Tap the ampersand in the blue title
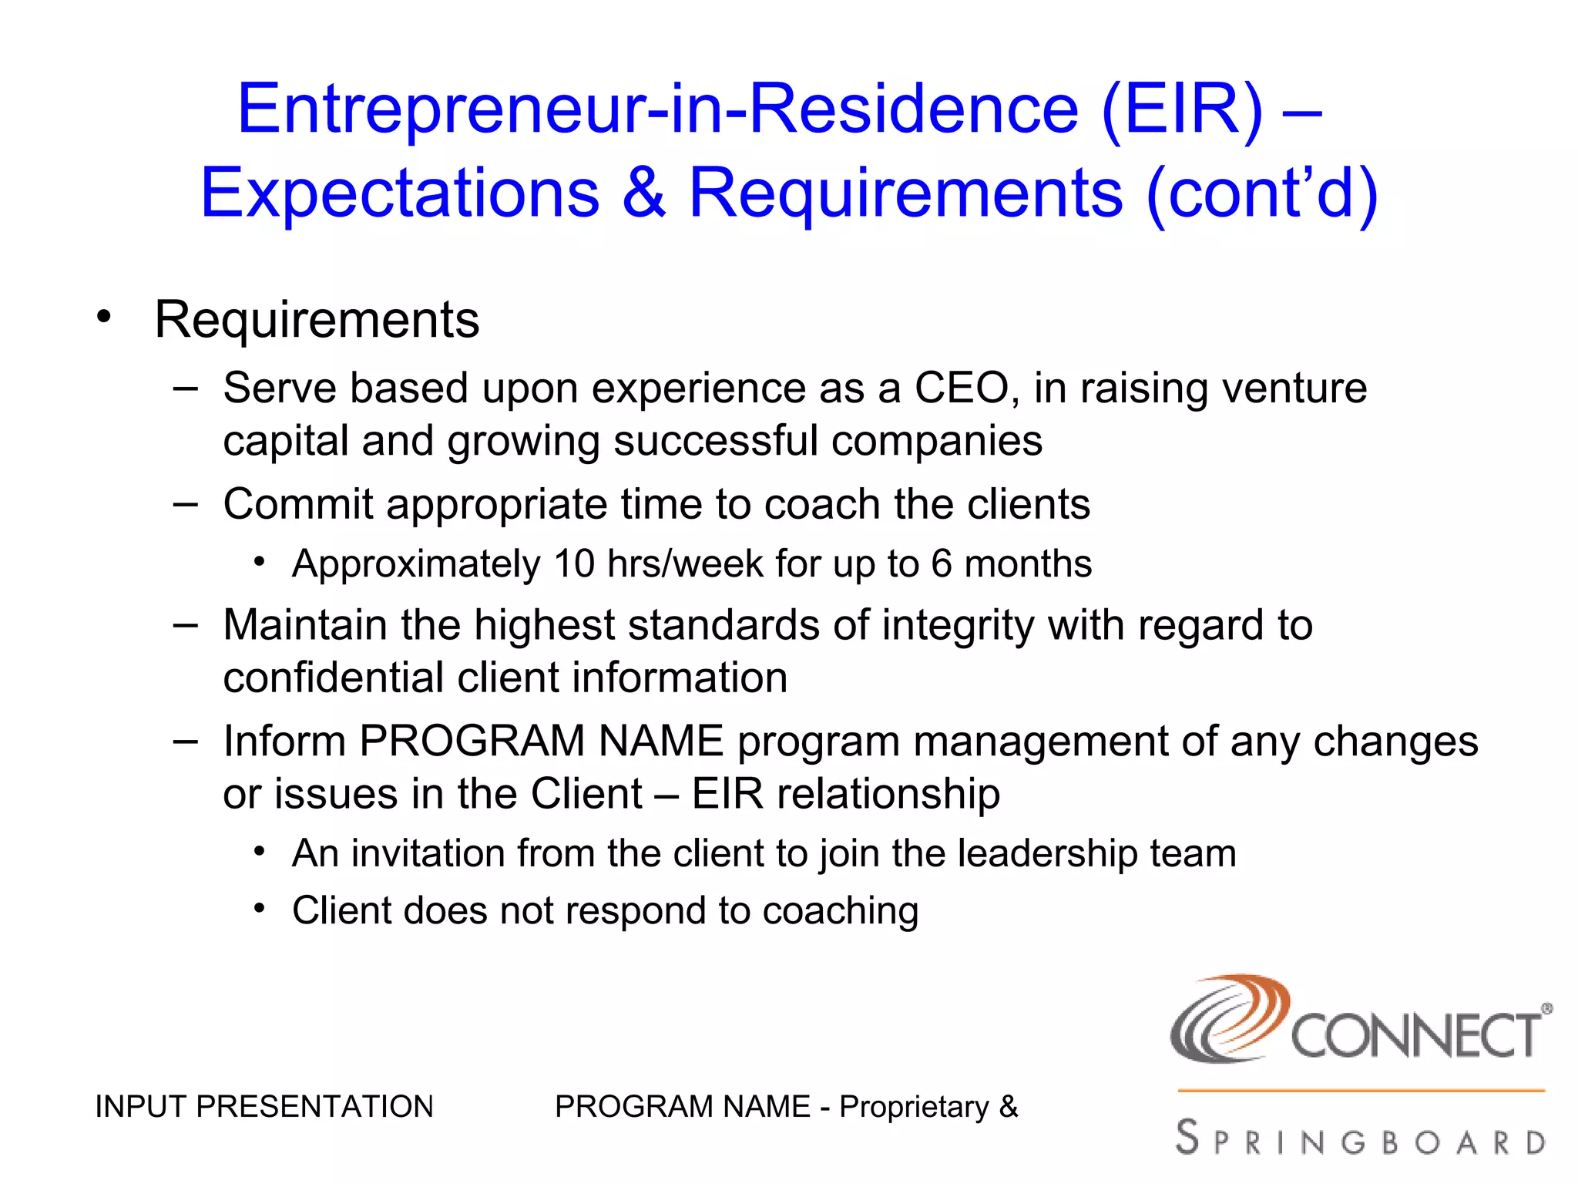point(643,193)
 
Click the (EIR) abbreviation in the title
point(1183,110)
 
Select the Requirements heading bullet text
point(317,319)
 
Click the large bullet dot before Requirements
point(104,317)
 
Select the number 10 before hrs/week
point(574,563)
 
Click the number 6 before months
point(941,563)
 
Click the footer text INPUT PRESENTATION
point(264,1107)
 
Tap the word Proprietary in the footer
point(914,1107)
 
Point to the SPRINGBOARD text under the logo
point(1361,1139)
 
